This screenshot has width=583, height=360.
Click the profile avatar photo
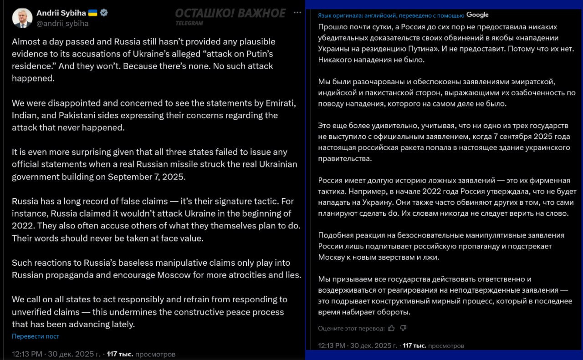(x=22, y=18)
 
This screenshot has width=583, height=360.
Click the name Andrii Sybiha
(x=61, y=13)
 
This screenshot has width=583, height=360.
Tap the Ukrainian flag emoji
(x=92, y=13)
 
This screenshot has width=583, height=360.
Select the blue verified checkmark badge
(x=104, y=13)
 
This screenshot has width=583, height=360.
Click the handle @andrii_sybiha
(x=62, y=23)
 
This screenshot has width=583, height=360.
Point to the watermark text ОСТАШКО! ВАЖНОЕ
(x=230, y=13)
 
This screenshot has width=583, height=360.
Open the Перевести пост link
(x=36, y=336)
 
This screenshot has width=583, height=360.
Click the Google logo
(x=477, y=15)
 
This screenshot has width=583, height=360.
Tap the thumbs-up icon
(x=392, y=328)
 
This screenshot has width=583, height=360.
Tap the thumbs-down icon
(x=403, y=328)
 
